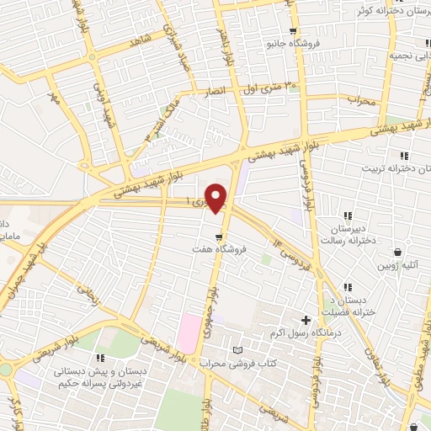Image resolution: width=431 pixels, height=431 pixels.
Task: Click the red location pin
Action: tap(217, 197)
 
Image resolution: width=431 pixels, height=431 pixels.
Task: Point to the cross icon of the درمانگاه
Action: tap(306, 320)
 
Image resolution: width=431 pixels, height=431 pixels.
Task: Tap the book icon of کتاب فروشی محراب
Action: tap(237, 349)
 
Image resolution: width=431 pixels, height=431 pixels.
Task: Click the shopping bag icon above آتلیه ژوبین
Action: tap(410, 248)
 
